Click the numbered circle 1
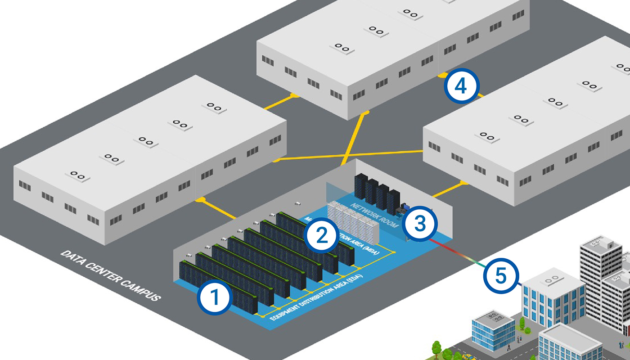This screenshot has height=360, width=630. click(x=215, y=297)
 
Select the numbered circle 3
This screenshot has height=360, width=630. click(x=419, y=224)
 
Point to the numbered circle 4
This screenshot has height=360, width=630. click(x=462, y=87)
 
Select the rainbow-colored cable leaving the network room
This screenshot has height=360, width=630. click(x=459, y=254)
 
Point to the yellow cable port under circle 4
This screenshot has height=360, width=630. click(x=443, y=73)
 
